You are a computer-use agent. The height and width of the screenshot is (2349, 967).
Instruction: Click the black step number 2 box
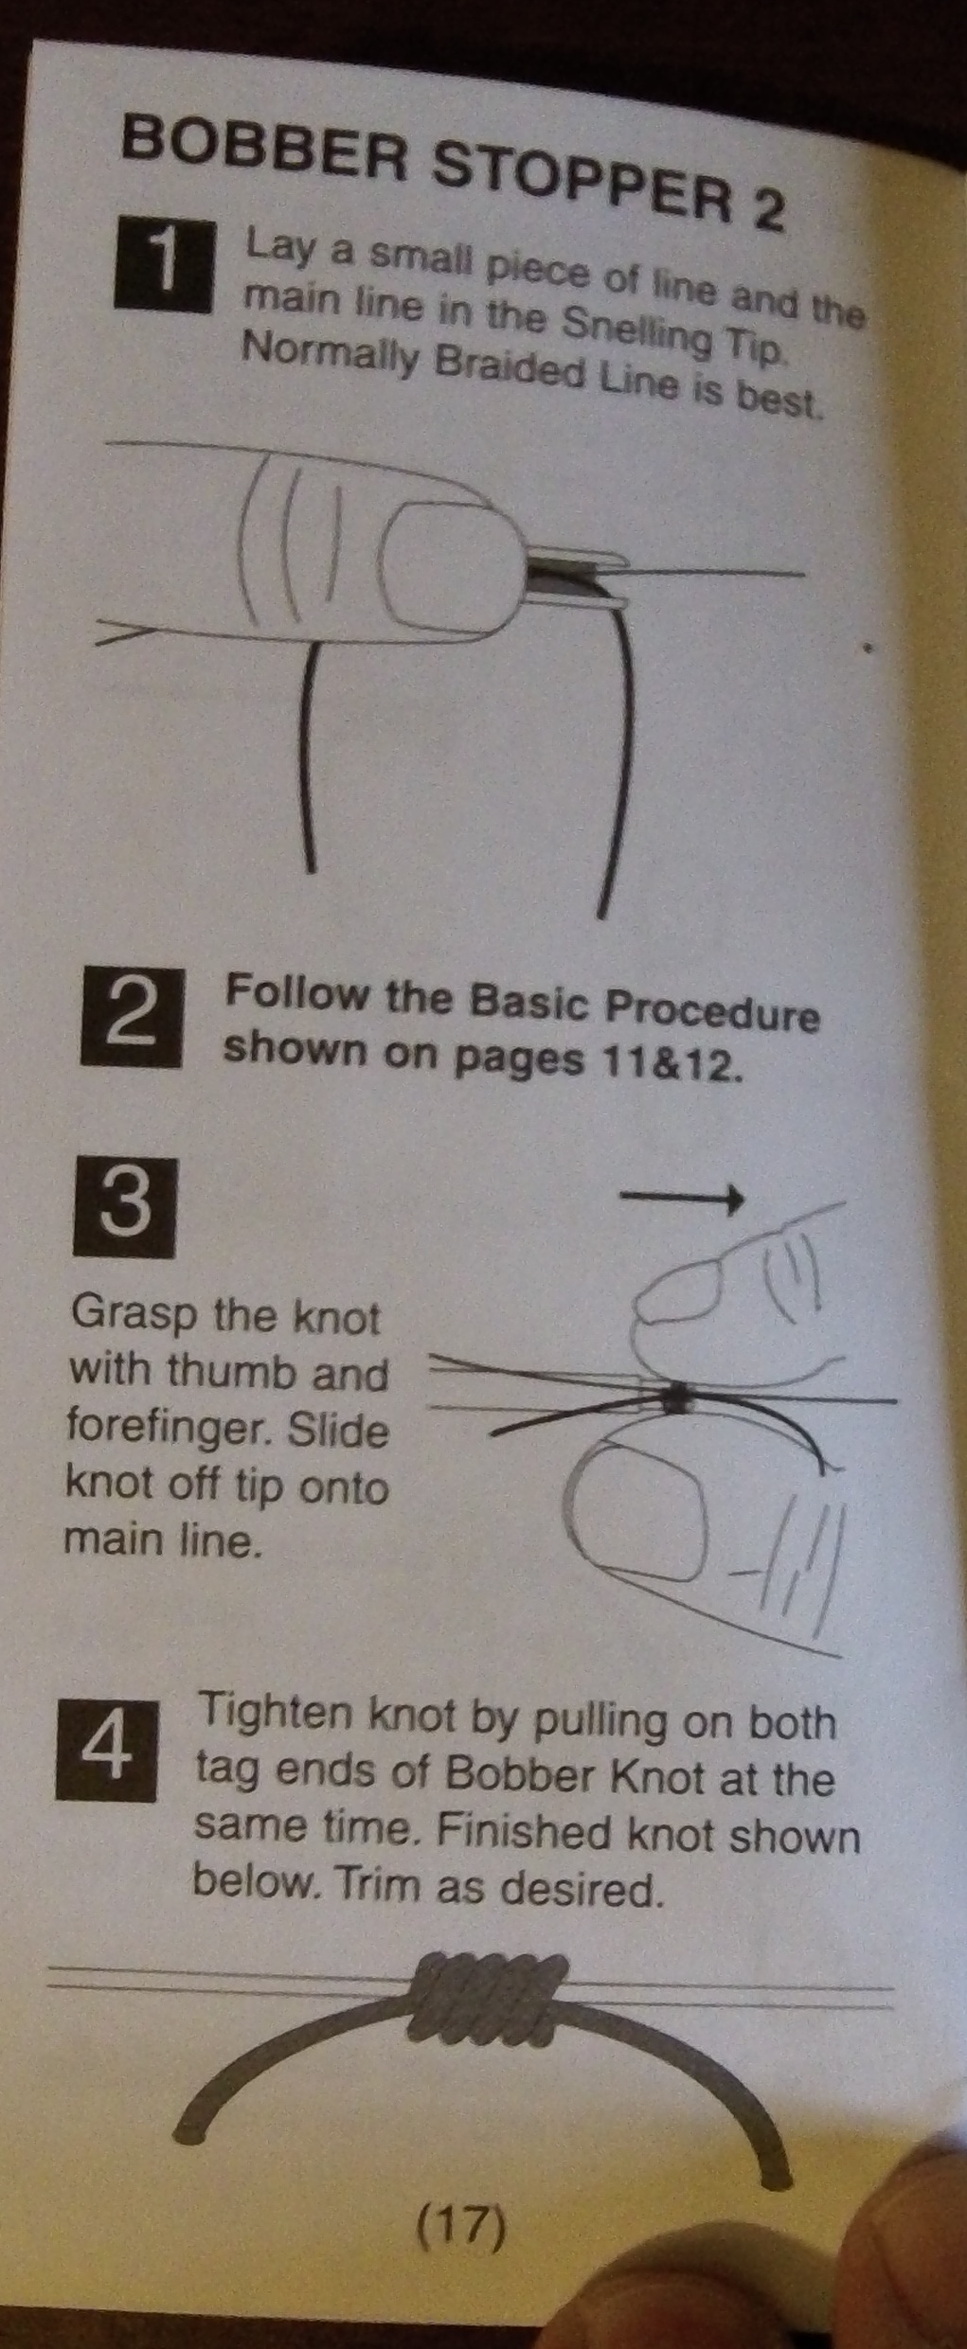[x=133, y=1019]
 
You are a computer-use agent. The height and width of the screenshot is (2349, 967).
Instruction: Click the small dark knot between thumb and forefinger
[x=676, y=1397]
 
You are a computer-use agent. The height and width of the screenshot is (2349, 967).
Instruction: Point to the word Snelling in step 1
[x=637, y=330]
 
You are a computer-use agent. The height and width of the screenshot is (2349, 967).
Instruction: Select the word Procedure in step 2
[x=711, y=1011]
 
